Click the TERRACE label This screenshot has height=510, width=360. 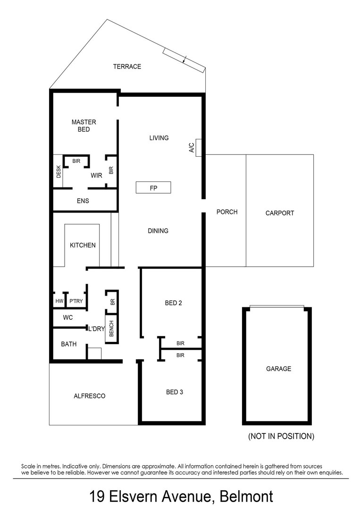point(127,67)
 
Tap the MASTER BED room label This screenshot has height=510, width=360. point(84,126)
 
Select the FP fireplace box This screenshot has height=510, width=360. point(153,187)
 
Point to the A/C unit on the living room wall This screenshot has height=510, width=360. point(199,147)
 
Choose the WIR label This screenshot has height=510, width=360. point(96,175)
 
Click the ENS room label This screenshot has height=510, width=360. point(83,201)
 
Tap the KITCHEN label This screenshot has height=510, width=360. point(83,245)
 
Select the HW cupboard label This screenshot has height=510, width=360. point(59,301)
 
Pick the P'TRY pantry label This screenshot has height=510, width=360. point(76,301)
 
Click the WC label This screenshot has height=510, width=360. point(68,318)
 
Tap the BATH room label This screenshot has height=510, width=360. point(69,344)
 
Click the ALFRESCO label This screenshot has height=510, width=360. point(89,396)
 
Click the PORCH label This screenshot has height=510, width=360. point(227,212)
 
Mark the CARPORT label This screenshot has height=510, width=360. point(280,213)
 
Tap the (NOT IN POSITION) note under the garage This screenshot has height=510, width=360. point(281,436)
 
